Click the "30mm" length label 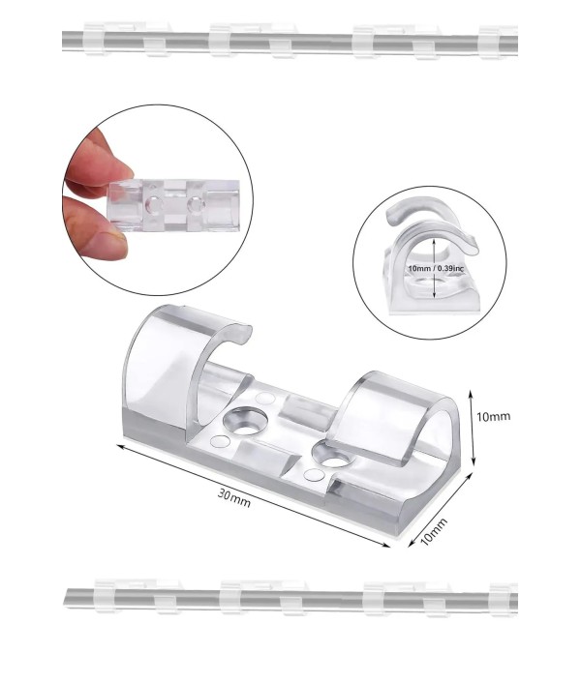234,498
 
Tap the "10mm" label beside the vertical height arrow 493,416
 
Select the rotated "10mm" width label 433,531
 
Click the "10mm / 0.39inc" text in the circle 436,268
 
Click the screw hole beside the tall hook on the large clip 245,421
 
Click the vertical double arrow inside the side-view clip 434,268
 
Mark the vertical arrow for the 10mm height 472,427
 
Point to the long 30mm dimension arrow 253,494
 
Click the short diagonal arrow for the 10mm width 441,510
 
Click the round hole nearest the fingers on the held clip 153,204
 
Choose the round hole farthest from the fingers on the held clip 196,204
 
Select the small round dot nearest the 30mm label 220,442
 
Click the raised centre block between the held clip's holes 174,204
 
